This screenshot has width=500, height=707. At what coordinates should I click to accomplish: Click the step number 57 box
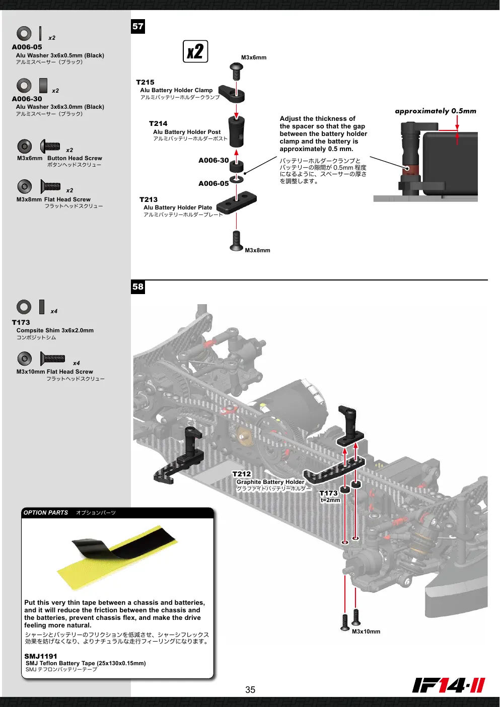coord(137,26)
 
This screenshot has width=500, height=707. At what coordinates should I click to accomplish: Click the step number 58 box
coord(137,287)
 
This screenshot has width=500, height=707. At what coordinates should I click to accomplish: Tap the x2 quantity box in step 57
coord(195,51)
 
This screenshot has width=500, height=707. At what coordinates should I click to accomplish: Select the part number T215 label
coord(145,83)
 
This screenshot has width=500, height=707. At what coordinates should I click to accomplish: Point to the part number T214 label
coord(158,124)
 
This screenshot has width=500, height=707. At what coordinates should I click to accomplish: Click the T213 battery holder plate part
coord(237,201)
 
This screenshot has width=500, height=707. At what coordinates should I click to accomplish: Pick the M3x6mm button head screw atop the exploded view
coord(237,72)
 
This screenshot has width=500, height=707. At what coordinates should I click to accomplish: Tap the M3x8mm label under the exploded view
coord(258,250)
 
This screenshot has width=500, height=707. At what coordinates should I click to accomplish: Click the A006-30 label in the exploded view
coord(213,160)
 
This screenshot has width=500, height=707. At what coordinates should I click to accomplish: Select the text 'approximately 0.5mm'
coord(436,111)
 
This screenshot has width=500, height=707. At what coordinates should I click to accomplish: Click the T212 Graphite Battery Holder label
coord(270,478)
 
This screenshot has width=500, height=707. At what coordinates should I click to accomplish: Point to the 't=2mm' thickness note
coord(330,500)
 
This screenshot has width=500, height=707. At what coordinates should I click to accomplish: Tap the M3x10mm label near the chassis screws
coord(366,631)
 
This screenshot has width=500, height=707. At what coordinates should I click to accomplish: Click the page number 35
coord(250,690)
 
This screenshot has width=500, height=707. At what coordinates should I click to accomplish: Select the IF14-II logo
coord(449,685)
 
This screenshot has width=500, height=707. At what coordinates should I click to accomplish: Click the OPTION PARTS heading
coord(46,513)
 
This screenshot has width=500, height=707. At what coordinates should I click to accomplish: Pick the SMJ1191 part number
coord(41,656)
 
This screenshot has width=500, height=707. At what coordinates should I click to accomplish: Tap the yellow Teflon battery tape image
coord(117,557)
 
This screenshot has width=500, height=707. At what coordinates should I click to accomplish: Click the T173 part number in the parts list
coord(21,322)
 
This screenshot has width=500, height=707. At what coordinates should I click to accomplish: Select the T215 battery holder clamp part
coord(232,93)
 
